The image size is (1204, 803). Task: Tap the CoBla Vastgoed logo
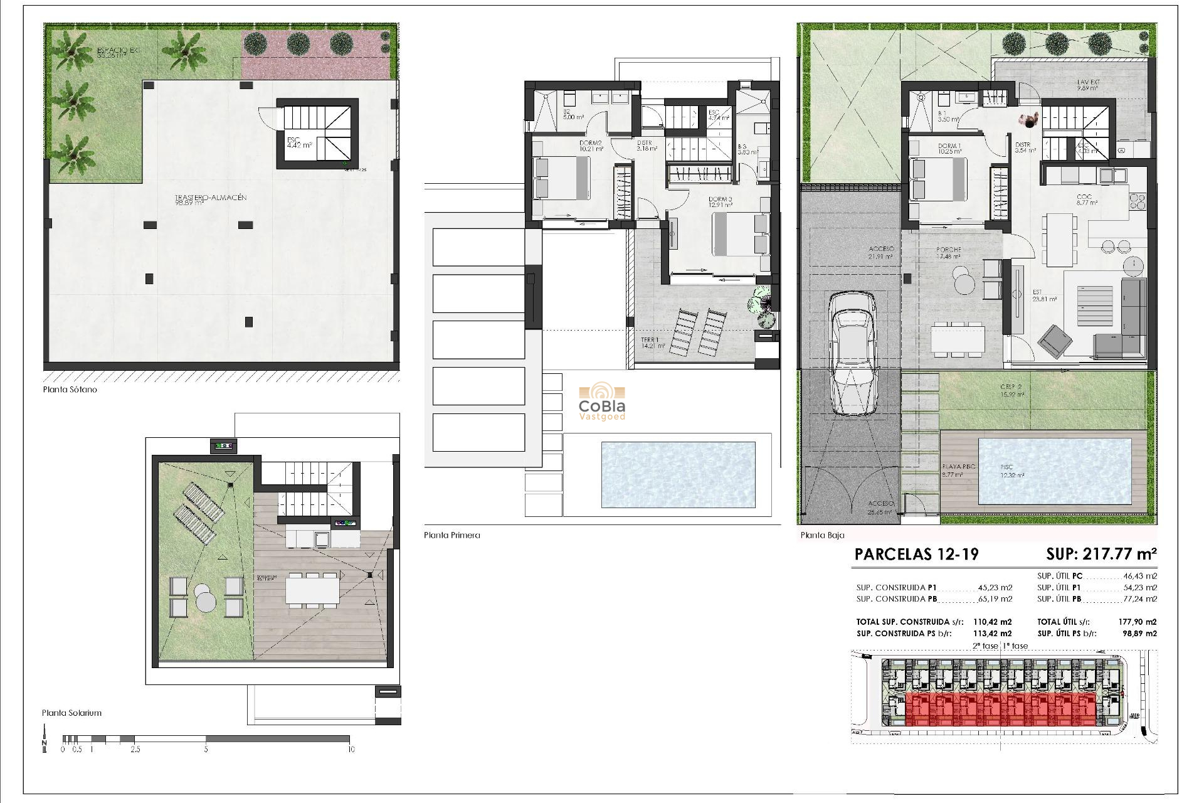click(x=602, y=403)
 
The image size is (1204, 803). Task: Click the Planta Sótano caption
click(x=70, y=390)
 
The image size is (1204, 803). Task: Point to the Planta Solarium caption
click(x=71, y=713)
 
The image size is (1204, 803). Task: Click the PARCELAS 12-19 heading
click(x=916, y=555)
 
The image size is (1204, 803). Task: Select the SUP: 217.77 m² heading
click(x=1101, y=554)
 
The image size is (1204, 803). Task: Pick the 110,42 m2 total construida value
click(x=992, y=622)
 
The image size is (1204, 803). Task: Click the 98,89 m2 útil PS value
click(x=1140, y=634)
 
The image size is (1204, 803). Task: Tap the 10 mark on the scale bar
click(x=351, y=749)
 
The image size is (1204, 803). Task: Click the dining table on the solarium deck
click(x=312, y=590)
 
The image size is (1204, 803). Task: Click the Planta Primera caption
click(x=451, y=535)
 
